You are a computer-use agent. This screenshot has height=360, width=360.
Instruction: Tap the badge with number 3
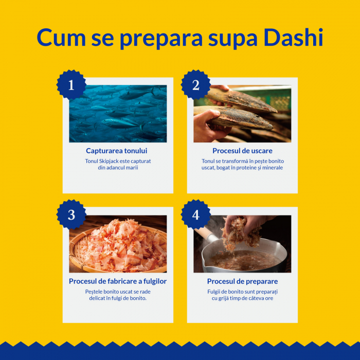71,215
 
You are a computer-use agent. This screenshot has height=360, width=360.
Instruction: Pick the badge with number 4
195,215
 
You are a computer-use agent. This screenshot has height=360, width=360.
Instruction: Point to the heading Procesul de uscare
242,151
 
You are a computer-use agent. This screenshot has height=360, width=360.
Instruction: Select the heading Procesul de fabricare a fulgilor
118,281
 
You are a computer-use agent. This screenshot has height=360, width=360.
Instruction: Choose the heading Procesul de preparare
242,281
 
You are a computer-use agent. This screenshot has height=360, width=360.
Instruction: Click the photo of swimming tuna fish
118,114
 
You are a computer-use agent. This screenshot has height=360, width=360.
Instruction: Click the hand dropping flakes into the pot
239,226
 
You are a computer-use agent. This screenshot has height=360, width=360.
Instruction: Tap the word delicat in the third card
97,298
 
